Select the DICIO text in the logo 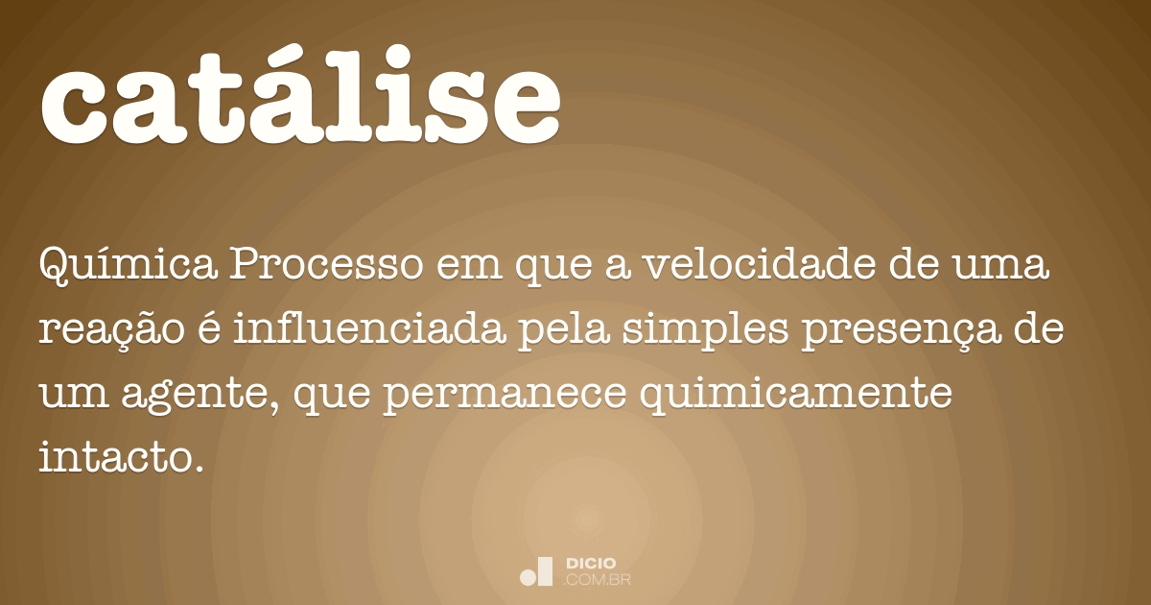point(591,563)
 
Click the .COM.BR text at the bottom point(597,579)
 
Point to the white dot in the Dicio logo point(527,577)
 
